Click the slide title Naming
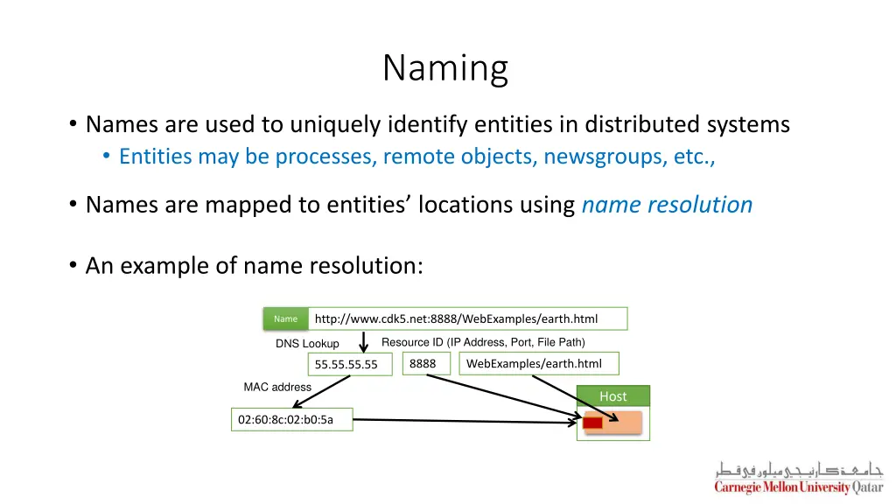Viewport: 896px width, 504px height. pos(445,67)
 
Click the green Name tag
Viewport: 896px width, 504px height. pos(285,319)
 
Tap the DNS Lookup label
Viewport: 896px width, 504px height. pos(307,344)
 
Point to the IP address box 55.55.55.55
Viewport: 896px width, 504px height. pos(349,365)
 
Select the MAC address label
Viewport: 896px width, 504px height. pos(277,387)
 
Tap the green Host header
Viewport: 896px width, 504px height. pos(612,396)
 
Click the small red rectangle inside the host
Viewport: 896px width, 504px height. pos(593,423)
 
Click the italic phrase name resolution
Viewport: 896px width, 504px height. pos(667,205)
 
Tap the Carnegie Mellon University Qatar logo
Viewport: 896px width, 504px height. pos(798,479)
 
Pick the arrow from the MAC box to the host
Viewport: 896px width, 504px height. pos(464,422)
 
